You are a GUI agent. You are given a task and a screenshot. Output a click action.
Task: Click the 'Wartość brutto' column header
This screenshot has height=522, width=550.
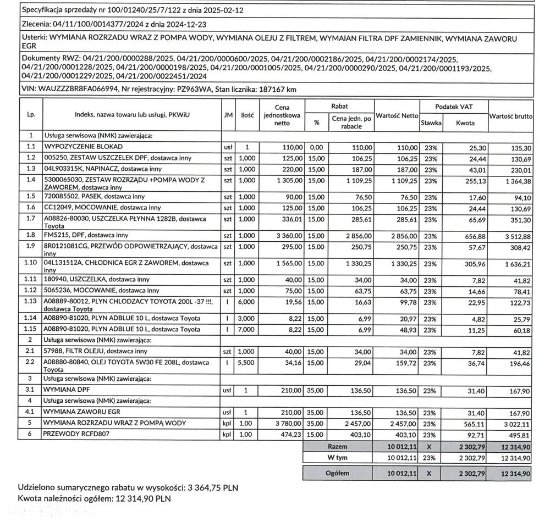tap(510, 116)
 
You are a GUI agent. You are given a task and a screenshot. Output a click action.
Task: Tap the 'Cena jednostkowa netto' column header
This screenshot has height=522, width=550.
tap(281, 115)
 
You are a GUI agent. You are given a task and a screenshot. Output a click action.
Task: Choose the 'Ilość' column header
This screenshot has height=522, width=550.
tap(247, 115)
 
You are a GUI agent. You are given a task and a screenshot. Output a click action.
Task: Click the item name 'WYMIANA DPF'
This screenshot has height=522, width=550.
tap(67, 390)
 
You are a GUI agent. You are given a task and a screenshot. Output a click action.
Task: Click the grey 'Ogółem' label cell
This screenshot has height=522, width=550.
tap(337, 473)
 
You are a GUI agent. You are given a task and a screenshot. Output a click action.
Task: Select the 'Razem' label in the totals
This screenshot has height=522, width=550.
tap(337, 446)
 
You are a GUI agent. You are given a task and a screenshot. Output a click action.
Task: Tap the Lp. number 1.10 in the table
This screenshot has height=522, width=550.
tap(31, 263)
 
